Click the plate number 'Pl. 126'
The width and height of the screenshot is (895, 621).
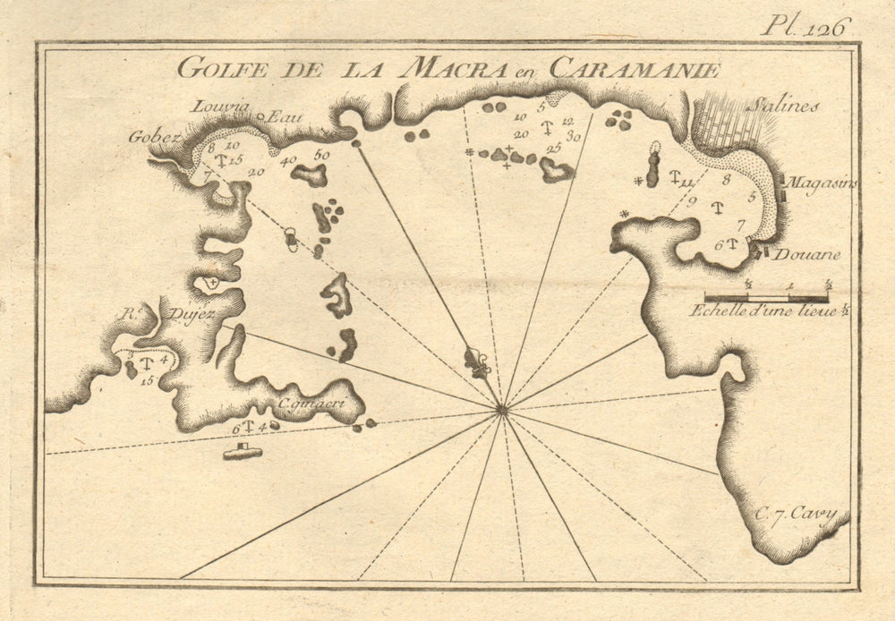click(803, 27)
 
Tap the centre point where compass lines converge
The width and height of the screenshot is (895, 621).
click(502, 410)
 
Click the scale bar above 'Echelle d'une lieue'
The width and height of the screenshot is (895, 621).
click(766, 296)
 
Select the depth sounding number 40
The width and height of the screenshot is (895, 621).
click(288, 162)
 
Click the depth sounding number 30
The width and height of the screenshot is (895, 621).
click(573, 137)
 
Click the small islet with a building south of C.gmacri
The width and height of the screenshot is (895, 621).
click(243, 453)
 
